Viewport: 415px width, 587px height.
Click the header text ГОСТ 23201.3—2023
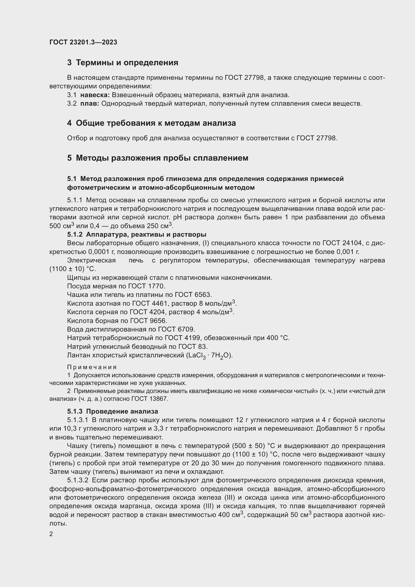coord(83,42)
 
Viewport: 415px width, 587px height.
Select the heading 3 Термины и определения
coord(123,63)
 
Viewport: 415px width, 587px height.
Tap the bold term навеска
coord(95,95)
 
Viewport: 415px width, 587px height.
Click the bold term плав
coord(89,104)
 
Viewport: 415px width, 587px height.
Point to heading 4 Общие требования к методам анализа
coord(151,123)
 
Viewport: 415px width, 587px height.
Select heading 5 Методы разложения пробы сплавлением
coord(158,158)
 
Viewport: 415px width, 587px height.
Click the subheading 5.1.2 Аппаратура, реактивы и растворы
coord(137,234)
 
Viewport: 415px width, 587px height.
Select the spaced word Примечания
coord(92,367)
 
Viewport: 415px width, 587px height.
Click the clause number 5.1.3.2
coord(78,480)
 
